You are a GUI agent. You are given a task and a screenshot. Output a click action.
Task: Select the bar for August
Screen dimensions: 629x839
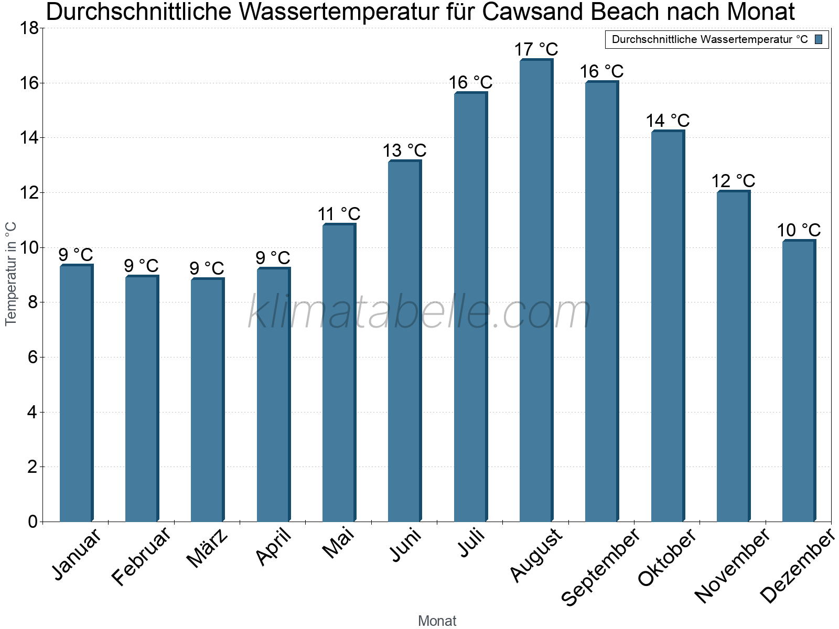coord(536,291)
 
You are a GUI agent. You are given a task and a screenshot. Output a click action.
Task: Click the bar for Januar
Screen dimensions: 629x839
coord(76,393)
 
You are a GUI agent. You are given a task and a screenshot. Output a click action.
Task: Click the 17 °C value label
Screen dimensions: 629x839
coord(536,49)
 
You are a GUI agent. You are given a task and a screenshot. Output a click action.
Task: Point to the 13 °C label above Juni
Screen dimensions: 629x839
coord(404,150)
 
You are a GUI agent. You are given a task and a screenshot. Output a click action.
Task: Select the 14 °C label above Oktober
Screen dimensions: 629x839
coord(668,121)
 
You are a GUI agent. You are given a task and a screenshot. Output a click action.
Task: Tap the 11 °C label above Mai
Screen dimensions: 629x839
coord(339,214)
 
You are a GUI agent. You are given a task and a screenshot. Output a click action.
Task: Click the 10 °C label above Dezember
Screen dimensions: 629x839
coord(799,230)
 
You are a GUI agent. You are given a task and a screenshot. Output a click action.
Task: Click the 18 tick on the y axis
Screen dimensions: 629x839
coord(29,28)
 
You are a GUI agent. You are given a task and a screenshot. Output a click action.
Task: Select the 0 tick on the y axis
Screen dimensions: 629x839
coord(33,522)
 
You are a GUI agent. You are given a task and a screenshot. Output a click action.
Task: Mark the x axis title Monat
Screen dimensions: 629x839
coord(437,621)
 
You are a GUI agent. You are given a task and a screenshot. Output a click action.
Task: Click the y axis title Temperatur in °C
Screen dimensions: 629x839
coord(11,274)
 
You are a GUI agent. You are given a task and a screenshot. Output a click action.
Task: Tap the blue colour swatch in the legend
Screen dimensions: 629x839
coord(819,39)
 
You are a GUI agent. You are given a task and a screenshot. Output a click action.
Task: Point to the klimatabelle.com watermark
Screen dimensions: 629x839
coord(419,312)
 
